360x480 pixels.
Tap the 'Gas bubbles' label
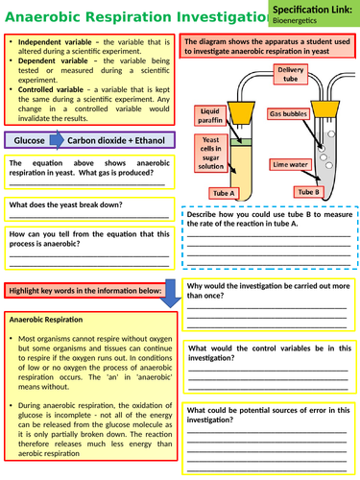289,114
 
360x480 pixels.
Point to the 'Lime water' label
290,164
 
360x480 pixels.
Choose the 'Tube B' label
308,191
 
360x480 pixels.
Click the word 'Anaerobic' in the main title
49,15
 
